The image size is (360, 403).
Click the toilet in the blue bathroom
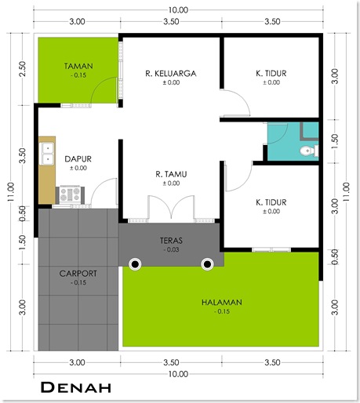309,151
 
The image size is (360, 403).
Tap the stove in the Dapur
70,194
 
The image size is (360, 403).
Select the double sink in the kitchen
47,154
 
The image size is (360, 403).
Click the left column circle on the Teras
135,264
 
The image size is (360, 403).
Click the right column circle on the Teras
207,264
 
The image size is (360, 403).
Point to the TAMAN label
78,66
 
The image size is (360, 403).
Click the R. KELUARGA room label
171,74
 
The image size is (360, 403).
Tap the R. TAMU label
171,174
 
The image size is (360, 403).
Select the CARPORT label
78,274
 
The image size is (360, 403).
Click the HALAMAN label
222,303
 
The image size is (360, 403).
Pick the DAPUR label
78,159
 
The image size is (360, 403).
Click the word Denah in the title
76,387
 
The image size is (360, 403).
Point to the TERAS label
171,241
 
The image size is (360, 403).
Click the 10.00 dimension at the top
178,10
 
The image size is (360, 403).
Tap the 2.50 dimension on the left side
23,69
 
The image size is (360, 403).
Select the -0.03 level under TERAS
171,249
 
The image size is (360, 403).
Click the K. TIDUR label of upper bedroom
271,74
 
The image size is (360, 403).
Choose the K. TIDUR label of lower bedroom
271,202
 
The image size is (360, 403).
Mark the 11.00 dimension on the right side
346,192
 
